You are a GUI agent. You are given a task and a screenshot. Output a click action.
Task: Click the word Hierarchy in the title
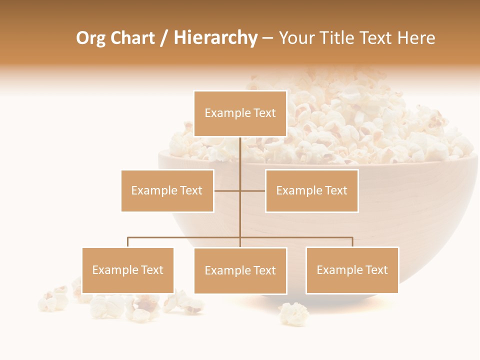(x=215, y=38)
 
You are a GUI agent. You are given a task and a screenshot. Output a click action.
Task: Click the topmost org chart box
(x=240, y=113)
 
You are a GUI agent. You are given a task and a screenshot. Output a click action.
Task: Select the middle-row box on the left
(x=167, y=190)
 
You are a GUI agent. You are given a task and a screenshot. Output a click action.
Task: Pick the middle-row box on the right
(x=311, y=190)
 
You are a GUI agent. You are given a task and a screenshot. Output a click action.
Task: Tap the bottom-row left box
(x=128, y=270)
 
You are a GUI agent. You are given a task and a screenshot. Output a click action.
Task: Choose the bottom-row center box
(x=240, y=270)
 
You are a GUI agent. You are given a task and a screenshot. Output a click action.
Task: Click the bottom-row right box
(x=352, y=270)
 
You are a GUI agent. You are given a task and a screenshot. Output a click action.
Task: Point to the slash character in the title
(x=163, y=38)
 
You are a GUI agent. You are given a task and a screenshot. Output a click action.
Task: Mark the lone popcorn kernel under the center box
(x=293, y=313)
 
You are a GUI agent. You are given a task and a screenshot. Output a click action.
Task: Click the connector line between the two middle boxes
(x=240, y=190)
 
